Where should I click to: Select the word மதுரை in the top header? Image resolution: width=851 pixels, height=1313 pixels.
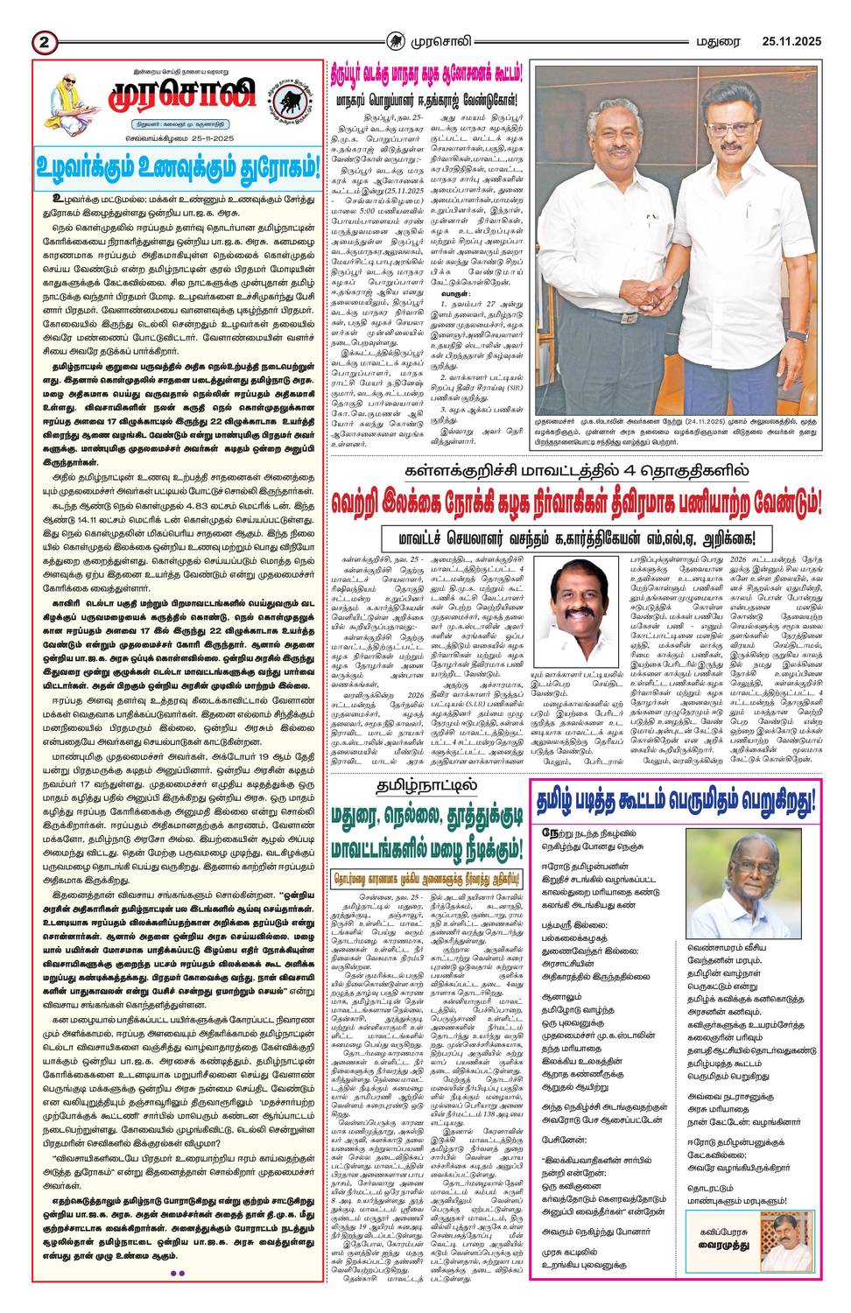[x=715, y=40]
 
